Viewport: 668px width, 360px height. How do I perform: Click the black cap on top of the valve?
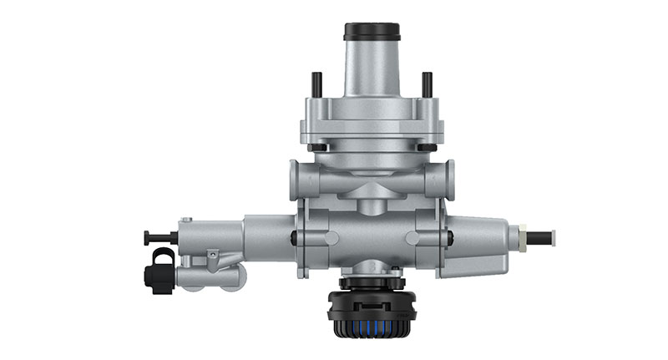tap(372, 32)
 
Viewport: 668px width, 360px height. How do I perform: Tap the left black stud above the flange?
tap(317, 84)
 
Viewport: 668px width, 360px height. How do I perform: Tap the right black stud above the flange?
tap(427, 84)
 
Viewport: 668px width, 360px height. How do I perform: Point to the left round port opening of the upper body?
tap(294, 179)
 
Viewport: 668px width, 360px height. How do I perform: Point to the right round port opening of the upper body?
tap(450, 179)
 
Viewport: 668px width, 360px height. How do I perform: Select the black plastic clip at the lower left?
tap(159, 272)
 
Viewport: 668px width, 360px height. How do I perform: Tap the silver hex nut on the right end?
tap(520, 237)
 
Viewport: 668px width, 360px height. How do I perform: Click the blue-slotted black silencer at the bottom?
tap(372, 313)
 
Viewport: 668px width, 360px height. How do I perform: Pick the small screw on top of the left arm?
tap(185, 221)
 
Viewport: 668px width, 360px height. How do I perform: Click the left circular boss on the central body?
tap(331, 238)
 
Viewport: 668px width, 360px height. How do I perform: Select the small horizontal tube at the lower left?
tap(209, 275)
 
